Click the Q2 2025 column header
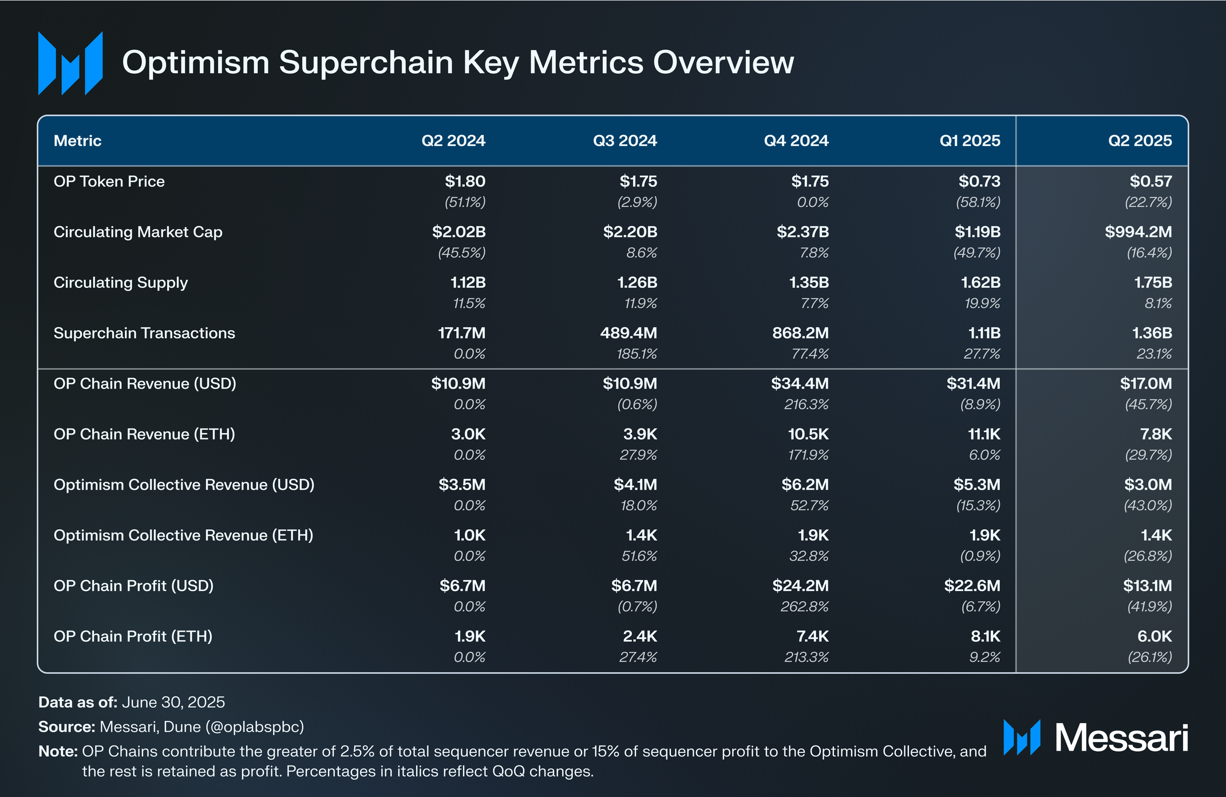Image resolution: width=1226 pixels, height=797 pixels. pos(1140,141)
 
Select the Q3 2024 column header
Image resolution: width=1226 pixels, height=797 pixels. pos(624,141)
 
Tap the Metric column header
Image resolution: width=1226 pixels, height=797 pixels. pos(77,141)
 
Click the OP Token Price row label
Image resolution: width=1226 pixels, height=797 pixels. pos(109,181)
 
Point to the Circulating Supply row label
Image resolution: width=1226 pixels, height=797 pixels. pos(120,283)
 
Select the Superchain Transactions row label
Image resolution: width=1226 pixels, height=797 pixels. pos(144,333)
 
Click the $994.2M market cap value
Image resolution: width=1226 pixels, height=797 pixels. pos(1138,232)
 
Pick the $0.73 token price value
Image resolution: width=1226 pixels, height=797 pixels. pos(979,181)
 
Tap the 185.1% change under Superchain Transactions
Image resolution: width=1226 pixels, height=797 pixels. pos(636,354)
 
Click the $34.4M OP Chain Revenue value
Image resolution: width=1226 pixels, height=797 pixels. pos(800,383)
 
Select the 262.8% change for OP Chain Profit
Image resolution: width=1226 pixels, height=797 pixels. pos(804,606)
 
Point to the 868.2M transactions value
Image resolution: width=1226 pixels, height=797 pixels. pos(800,333)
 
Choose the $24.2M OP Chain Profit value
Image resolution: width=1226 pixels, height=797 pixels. pos(800,586)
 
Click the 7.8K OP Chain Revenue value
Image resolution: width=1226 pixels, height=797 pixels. pos(1156,434)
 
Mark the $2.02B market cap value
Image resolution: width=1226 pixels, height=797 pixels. pos(458,232)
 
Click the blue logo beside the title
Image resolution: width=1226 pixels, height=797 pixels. pos(70,63)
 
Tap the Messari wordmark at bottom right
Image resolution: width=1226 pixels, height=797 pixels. pos(1121,737)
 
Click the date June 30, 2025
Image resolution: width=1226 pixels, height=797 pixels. pos(173,702)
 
